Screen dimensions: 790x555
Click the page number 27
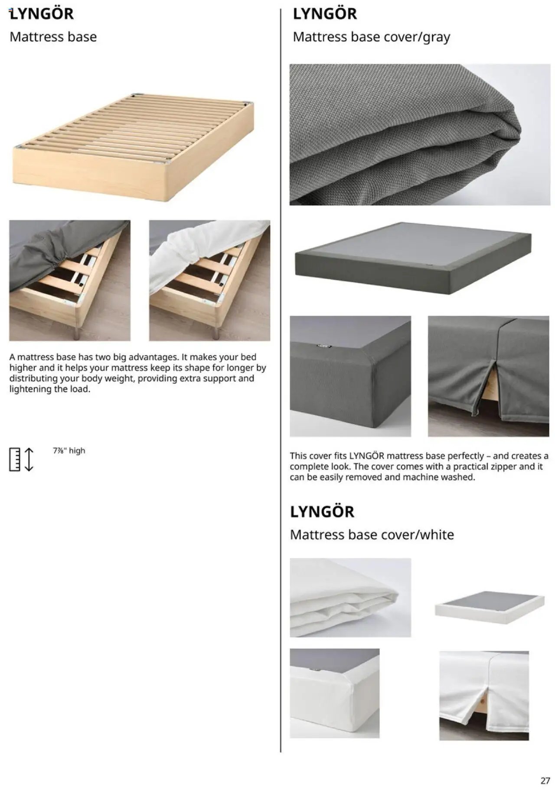pyautogui.click(x=545, y=780)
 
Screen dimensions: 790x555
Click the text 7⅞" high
pyautogui.click(x=69, y=450)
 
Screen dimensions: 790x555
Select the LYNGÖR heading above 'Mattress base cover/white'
pyautogui.click(x=322, y=512)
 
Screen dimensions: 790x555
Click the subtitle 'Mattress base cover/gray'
pyautogui.click(x=371, y=37)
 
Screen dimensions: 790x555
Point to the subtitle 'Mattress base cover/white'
pyautogui.click(x=372, y=534)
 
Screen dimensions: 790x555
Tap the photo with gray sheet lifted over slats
pyautogui.click(x=70, y=280)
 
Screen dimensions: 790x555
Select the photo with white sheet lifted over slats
pyautogui.click(x=209, y=280)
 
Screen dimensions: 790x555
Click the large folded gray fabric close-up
pyautogui.click(x=420, y=134)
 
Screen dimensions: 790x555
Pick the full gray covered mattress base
pyautogui.click(x=413, y=257)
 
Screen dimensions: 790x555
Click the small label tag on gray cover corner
pyautogui.click(x=323, y=346)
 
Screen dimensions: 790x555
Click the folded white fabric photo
pyautogui.click(x=350, y=597)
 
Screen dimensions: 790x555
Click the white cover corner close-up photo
pyautogui.click(x=334, y=693)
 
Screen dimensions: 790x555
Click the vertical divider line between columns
pyautogui.click(x=281, y=390)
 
